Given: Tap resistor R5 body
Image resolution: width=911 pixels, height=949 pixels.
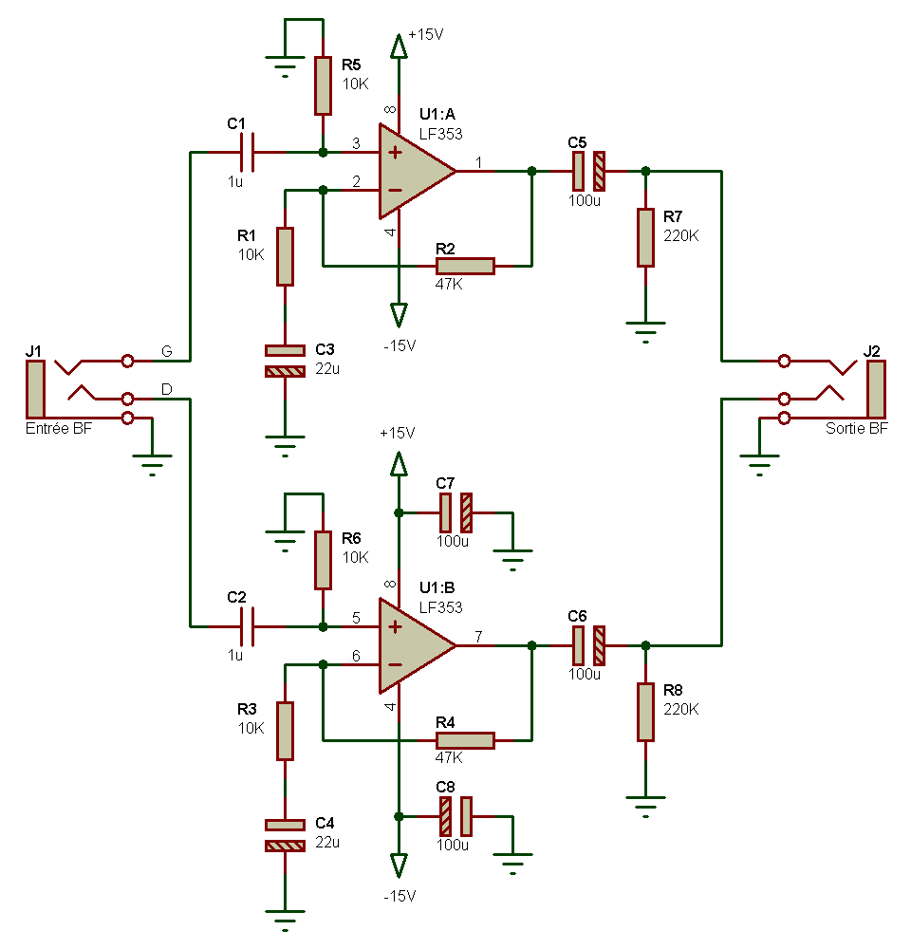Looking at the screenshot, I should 324,84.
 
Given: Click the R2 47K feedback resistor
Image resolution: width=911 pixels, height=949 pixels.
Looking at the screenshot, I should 465,266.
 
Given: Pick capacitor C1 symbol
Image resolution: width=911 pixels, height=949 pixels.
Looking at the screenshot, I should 248,152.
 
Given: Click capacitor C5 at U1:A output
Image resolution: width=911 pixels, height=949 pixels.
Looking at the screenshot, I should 588,171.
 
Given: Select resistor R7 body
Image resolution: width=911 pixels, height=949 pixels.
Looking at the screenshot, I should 645,237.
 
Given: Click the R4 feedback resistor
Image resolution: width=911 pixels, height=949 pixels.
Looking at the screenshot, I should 465,740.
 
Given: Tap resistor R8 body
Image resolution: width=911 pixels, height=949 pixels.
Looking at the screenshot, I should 645,712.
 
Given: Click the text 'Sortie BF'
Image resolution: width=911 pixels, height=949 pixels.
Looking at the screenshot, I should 857,429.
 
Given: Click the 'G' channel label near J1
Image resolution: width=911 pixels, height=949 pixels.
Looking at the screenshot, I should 166,352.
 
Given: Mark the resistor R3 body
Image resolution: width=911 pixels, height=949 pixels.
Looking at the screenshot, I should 285,731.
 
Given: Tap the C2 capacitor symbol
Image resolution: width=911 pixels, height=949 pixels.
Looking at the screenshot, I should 248,626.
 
